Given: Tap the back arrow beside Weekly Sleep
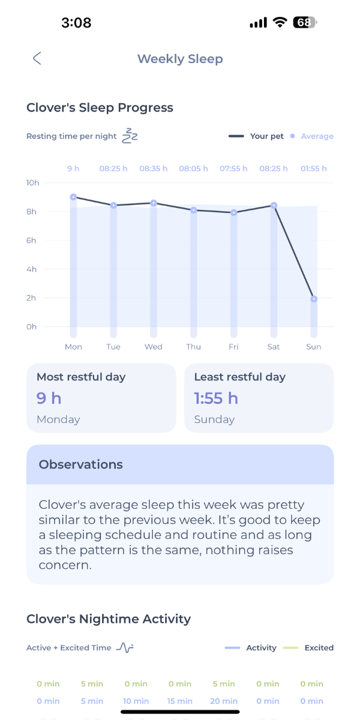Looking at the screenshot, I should (37, 58).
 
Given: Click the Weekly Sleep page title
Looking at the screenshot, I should (180, 59).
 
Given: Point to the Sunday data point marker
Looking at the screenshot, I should (314, 299).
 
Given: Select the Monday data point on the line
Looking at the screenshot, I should (73, 197).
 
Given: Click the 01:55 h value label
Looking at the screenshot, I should (313, 169).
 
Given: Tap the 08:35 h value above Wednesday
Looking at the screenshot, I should (154, 169).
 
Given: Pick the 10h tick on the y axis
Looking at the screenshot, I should (32, 182).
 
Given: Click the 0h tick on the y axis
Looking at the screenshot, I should (32, 326).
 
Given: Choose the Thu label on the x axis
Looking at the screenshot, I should (193, 347).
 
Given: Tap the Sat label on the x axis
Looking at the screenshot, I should (274, 347).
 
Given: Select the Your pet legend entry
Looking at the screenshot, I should (256, 136).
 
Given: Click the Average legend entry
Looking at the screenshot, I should (311, 136).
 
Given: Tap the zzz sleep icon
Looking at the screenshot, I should (130, 136).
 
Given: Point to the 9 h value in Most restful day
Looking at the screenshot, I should (49, 398).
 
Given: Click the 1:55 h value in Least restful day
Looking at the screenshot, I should (216, 398).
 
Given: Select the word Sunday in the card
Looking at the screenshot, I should (214, 419).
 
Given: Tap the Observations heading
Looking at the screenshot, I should (80, 464).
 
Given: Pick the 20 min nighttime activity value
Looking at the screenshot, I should (224, 701).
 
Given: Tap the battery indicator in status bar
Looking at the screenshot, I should (305, 23).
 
